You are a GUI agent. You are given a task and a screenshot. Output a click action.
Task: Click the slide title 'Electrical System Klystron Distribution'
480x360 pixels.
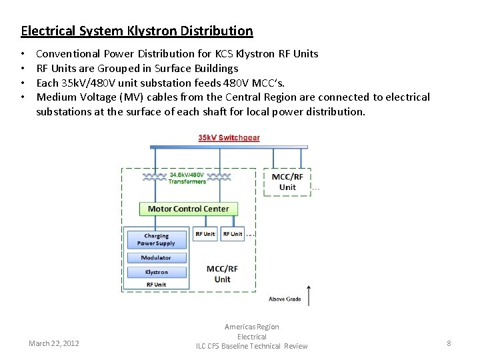[x=137, y=31]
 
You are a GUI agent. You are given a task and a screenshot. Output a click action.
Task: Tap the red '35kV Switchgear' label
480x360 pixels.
[x=229, y=138]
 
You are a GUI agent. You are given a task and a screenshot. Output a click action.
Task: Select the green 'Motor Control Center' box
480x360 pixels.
[x=188, y=209]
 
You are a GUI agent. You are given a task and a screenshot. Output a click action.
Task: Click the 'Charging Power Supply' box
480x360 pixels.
[x=156, y=239]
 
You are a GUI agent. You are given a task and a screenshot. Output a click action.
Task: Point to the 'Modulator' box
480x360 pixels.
[x=156, y=258]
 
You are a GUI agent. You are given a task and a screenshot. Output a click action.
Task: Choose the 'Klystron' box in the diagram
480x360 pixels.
[x=156, y=272]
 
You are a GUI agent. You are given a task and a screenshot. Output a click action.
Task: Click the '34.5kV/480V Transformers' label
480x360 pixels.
[x=187, y=178]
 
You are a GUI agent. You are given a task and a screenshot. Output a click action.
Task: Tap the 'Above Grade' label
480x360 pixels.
[x=285, y=299]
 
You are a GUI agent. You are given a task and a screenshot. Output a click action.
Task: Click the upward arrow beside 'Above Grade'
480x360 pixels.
[x=309, y=293]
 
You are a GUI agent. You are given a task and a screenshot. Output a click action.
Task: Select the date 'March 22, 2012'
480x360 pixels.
[x=54, y=343]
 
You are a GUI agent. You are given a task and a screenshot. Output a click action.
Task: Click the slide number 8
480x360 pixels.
[x=449, y=343]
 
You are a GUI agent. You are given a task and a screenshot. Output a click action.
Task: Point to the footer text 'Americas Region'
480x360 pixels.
[x=252, y=327]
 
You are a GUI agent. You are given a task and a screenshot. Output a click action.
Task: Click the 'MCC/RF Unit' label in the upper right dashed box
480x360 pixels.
[x=287, y=182]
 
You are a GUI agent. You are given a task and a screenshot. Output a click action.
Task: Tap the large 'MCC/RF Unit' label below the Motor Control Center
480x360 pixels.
[x=222, y=274]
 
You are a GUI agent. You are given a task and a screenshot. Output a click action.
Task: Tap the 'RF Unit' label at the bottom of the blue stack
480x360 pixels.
[x=156, y=285]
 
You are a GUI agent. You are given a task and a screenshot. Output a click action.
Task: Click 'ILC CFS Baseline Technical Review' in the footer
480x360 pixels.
[x=252, y=346]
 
